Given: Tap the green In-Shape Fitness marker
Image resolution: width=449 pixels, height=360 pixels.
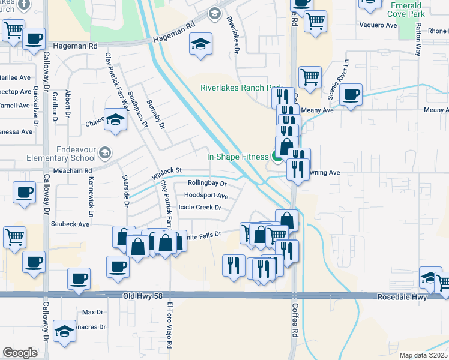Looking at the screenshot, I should click(277, 157).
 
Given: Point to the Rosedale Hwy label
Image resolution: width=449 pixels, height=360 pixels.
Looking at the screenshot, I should click(402, 297).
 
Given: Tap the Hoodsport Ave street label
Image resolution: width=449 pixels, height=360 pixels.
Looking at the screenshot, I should click(206, 196).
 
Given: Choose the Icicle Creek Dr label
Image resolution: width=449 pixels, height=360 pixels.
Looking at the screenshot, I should click(200, 208).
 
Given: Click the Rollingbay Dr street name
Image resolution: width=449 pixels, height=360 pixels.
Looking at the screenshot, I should click(206, 183).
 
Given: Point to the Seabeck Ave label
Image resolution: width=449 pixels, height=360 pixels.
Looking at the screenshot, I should click(70, 224).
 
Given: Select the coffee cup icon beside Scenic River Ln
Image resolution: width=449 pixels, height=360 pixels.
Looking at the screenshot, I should click(351, 94).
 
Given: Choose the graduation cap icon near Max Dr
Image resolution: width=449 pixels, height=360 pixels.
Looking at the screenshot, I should click(64, 332).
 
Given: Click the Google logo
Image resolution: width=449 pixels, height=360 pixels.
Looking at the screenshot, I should click(20, 353).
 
